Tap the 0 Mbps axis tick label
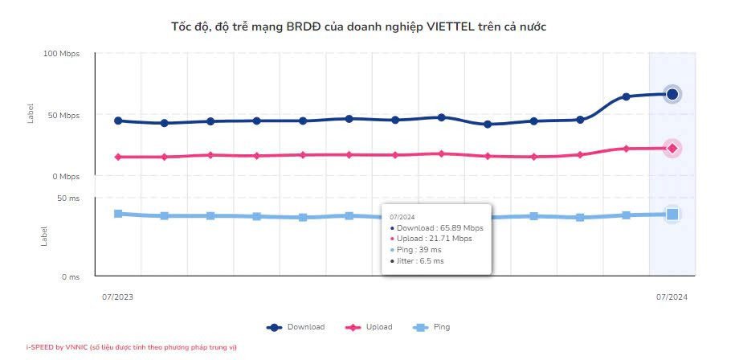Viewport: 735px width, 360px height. pos(67,177)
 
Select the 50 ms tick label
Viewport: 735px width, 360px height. pos(69,198)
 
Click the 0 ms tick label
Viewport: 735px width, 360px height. pos(71,277)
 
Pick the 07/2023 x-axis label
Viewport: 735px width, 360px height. pos(118,297)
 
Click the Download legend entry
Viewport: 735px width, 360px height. pos(297,327)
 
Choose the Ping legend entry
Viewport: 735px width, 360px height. pos(431,327)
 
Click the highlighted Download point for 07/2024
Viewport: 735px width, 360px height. pos(672,94)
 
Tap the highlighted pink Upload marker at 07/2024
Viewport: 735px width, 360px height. pos(672,148)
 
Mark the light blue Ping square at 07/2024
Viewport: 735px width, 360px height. pos(672,214)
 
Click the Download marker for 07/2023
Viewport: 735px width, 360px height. pos(118,121)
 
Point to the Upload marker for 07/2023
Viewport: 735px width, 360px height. pos(118,157)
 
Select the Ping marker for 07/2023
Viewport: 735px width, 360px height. pos(118,214)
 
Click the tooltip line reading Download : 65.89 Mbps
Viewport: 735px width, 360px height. pos(439,227)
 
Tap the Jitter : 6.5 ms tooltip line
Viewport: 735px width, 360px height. pos(420,261)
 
